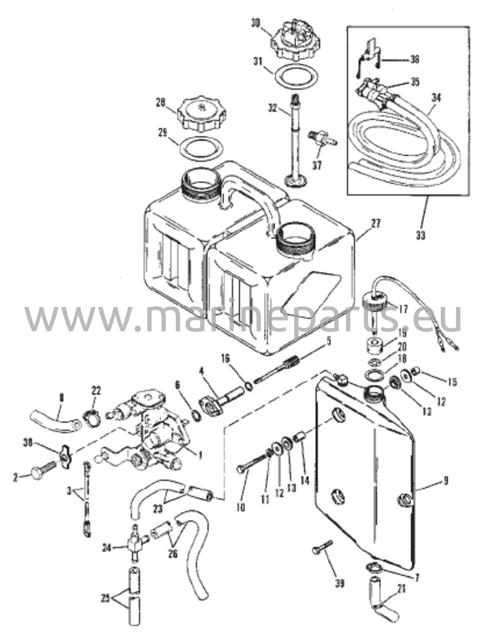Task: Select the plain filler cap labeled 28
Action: pyautogui.click(x=201, y=115)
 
